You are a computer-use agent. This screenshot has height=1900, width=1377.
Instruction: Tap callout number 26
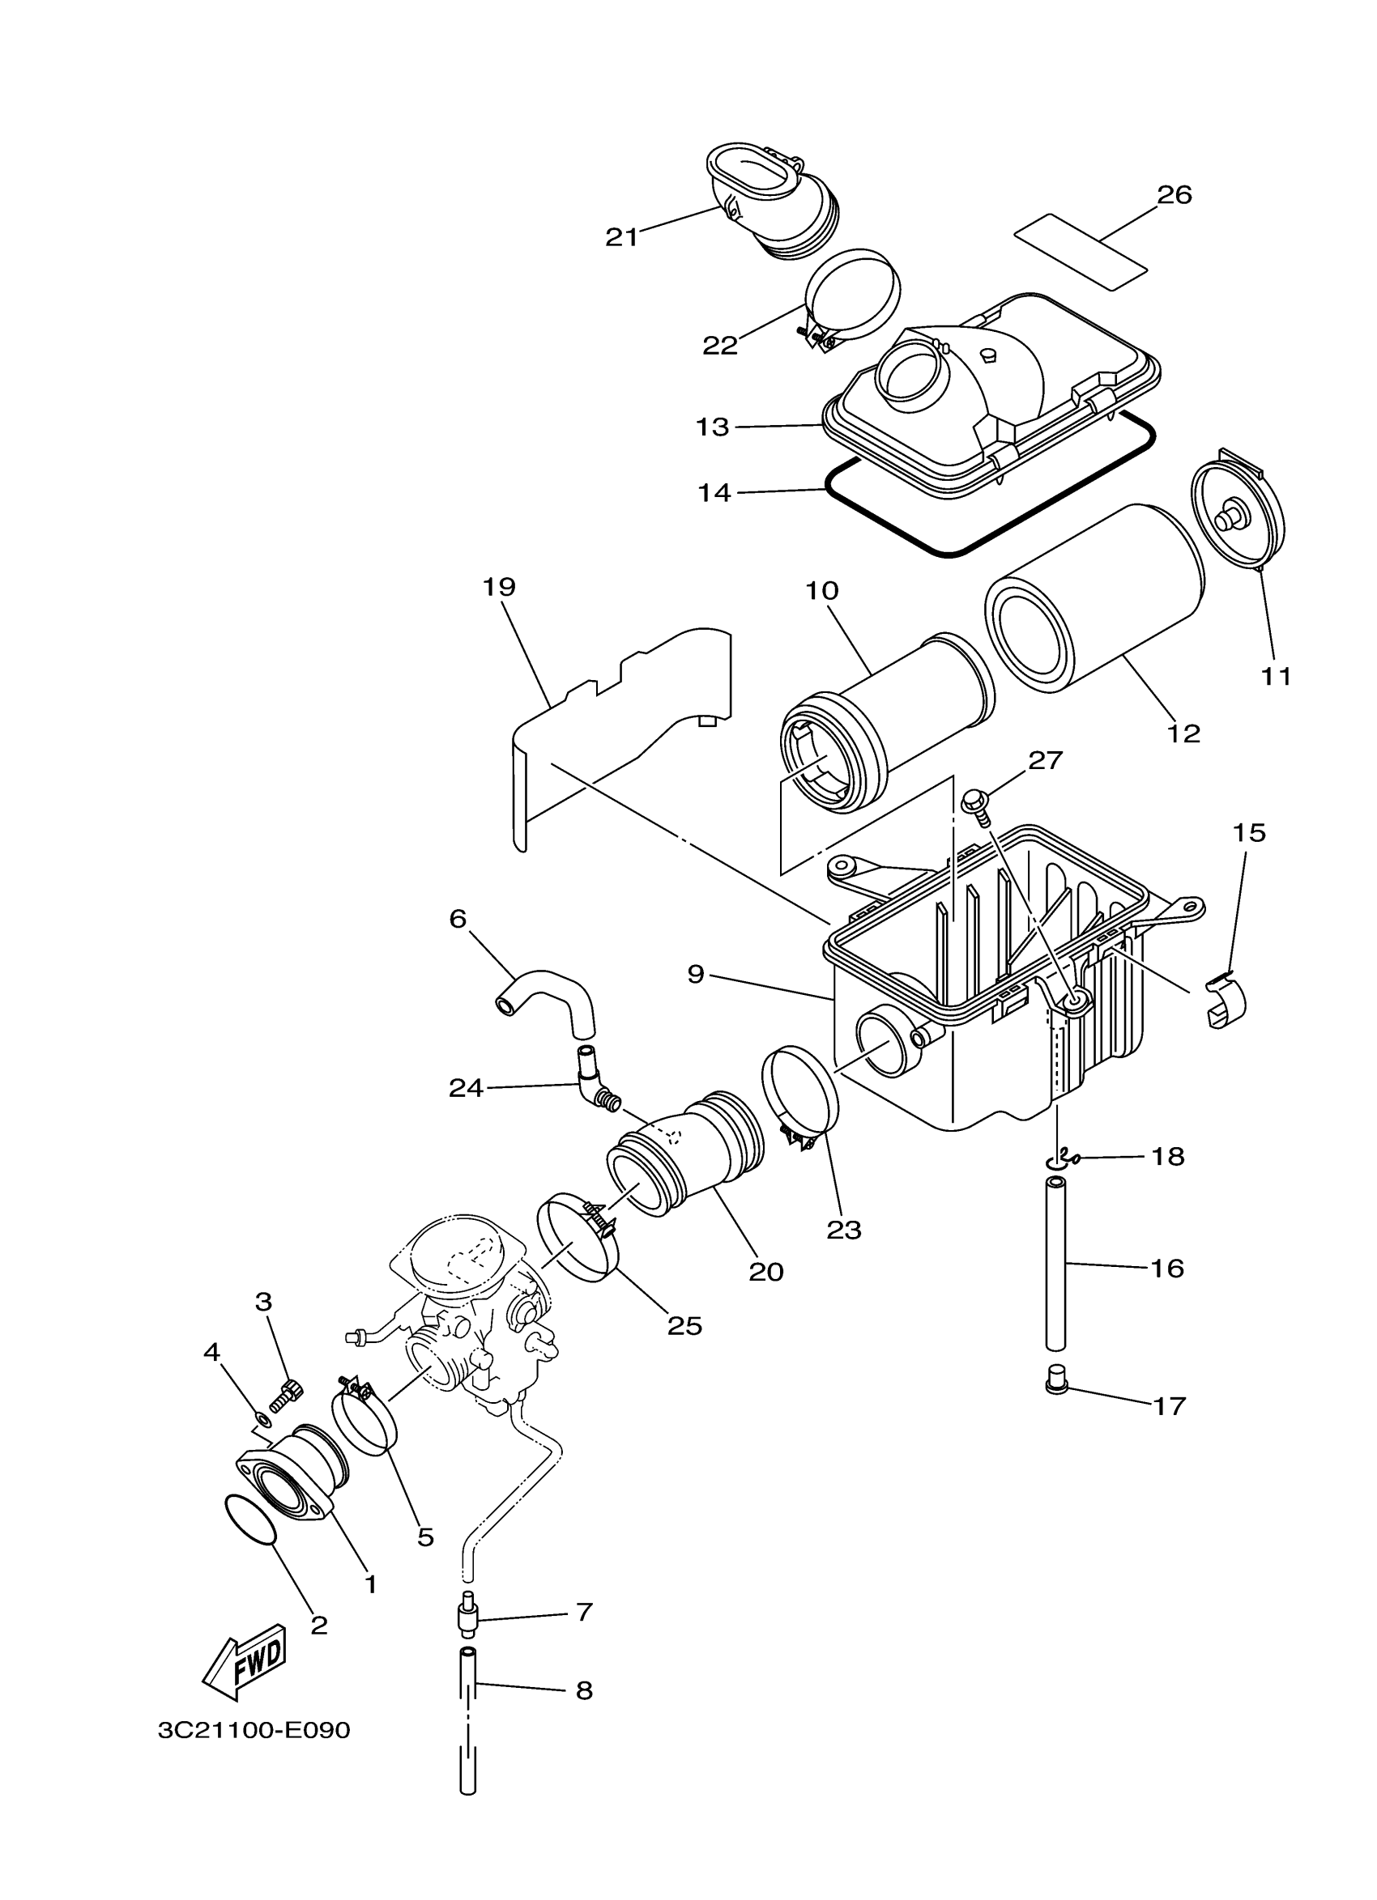point(1174,195)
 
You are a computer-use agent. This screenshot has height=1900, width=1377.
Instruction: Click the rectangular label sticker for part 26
point(1080,251)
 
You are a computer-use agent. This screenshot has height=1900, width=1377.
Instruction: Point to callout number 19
point(499,586)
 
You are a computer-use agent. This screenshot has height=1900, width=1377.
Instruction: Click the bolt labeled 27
point(974,802)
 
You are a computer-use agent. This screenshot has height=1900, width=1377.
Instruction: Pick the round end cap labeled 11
point(1238,520)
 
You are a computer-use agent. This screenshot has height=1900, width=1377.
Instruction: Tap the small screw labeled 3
point(286,1395)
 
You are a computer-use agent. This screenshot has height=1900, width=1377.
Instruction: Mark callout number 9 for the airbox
point(696,975)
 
